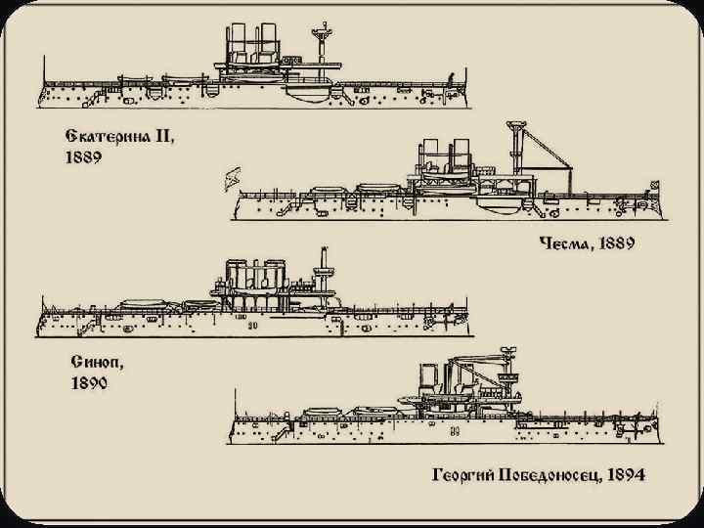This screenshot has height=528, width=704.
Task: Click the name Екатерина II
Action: click(x=114, y=137)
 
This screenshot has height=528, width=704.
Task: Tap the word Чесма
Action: click(x=569, y=242)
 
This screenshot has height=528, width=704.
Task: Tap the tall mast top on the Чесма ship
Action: click(x=513, y=126)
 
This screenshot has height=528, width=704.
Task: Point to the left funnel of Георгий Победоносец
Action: click(x=427, y=377)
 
